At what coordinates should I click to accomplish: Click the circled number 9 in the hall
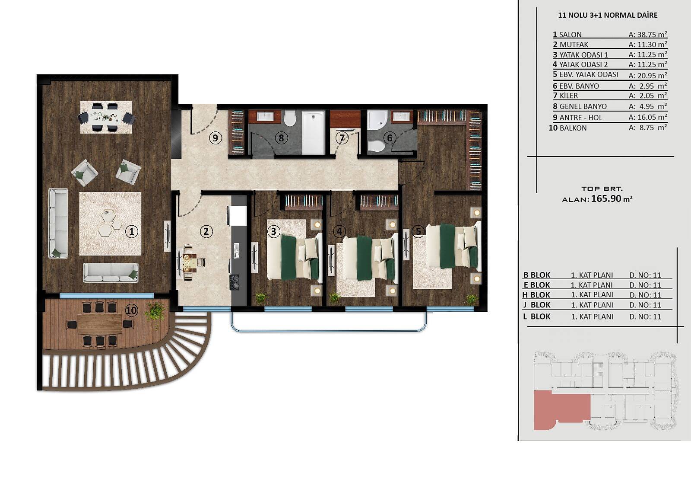click(216, 138)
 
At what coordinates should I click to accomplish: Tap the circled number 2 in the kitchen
click(206, 231)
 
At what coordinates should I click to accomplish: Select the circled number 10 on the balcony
click(132, 310)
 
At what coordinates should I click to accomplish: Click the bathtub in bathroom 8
click(313, 133)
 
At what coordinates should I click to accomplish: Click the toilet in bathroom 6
click(375, 146)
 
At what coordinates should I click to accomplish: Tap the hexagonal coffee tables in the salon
click(111, 222)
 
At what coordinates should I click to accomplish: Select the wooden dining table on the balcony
click(100, 324)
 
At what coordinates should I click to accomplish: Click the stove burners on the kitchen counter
click(235, 281)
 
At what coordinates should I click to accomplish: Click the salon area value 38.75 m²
click(648, 35)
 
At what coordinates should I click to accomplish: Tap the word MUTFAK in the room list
click(574, 45)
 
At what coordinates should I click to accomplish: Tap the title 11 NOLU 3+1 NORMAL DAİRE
click(608, 15)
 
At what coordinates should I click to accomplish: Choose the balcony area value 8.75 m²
click(648, 128)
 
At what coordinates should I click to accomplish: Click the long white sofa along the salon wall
click(58, 223)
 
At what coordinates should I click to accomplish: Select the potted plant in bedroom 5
click(472, 299)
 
